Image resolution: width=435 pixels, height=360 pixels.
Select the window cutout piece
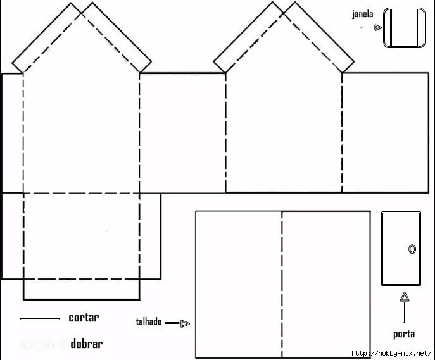pyautogui.click(x=403, y=28)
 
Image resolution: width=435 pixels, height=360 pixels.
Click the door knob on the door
pyautogui.click(x=412, y=249)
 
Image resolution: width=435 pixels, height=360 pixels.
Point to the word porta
pyautogui.click(x=404, y=334)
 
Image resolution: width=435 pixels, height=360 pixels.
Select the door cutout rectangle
pyautogui.click(x=401, y=248)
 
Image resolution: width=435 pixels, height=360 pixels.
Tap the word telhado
pyautogui.click(x=149, y=322)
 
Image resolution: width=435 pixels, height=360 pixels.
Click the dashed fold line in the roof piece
pyautogui.click(x=282, y=283)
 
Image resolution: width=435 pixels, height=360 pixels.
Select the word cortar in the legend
pyautogui.click(x=84, y=318)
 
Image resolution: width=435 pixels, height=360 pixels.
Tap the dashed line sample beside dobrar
pyautogui.click(x=41, y=345)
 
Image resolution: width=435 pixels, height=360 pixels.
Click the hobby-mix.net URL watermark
pyautogui.click(x=391, y=353)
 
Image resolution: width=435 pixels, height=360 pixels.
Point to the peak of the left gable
pyautogui.click(x=82, y=8)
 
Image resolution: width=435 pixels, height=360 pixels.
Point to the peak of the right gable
pyautogui.click(x=283, y=8)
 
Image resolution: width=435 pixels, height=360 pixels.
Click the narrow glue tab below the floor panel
pyautogui.click(x=81, y=289)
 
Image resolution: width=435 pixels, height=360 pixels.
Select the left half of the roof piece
pyautogui.click(x=238, y=283)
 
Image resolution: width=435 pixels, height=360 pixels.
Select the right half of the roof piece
pyautogui.click(x=326, y=283)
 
